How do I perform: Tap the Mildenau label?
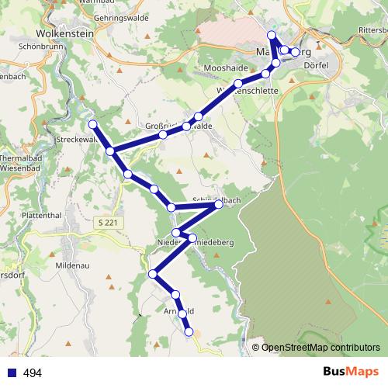tap(74, 265)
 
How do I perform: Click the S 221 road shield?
tap(110, 223)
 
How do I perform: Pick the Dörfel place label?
tap(318, 65)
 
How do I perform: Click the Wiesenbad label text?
tap(21, 166)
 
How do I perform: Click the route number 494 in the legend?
tap(33, 372)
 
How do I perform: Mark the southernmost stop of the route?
tap(189, 332)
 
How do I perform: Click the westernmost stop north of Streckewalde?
tap(92, 124)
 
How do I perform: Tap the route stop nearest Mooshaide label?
tap(238, 83)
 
